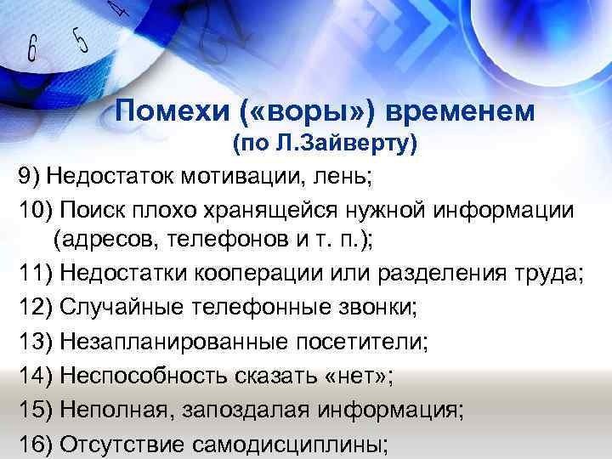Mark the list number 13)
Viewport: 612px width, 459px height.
pos(35,342)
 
